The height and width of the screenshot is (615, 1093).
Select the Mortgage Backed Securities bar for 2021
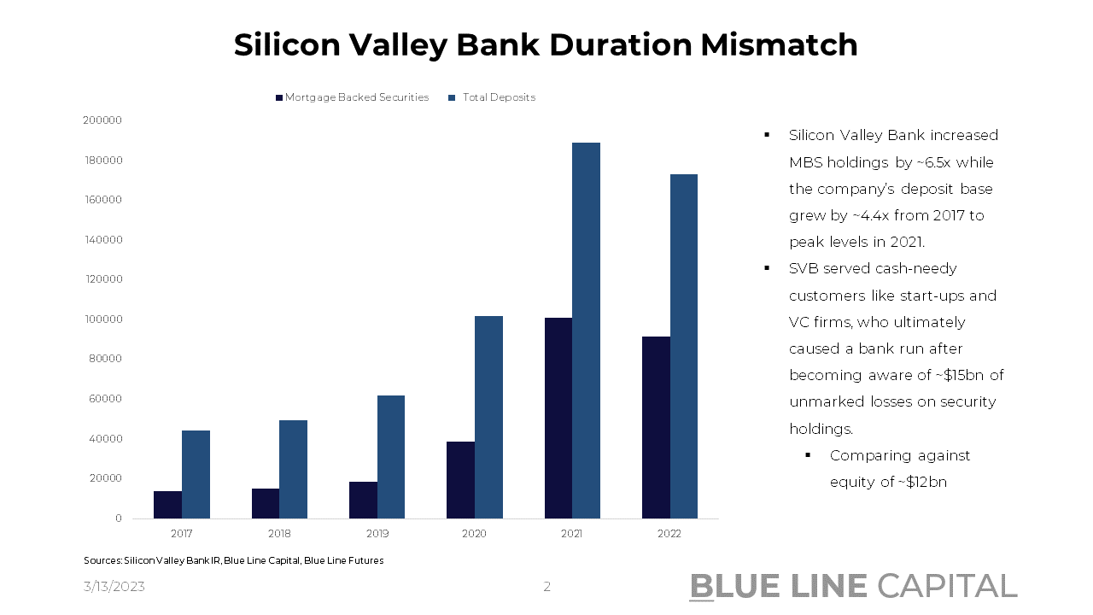click(x=558, y=418)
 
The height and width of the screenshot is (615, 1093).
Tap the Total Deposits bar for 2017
click(x=196, y=474)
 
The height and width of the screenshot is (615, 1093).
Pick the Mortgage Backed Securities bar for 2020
click(x=460, y=479)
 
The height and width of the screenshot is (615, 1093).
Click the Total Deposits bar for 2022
click(x=683, y=346)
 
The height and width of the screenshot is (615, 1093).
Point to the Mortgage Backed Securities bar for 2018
click(x=266, y=503)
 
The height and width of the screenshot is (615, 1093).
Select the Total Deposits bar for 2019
click(x=391, y=456)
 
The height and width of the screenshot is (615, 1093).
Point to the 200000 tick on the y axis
click(x=102, y=120)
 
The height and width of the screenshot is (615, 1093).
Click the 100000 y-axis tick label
click(x=102, y=319)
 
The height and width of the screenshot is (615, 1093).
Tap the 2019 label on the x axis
click(x=377, y=533)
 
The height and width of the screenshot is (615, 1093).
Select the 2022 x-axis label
click(x=669, y=533)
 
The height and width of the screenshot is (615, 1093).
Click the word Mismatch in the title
click(x=779, y=44)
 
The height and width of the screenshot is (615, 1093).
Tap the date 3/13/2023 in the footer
click(x=114, y=587)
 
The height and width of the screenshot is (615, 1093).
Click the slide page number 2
click(x=546, y=587)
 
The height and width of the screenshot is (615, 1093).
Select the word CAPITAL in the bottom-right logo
click(x=947, y=586)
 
